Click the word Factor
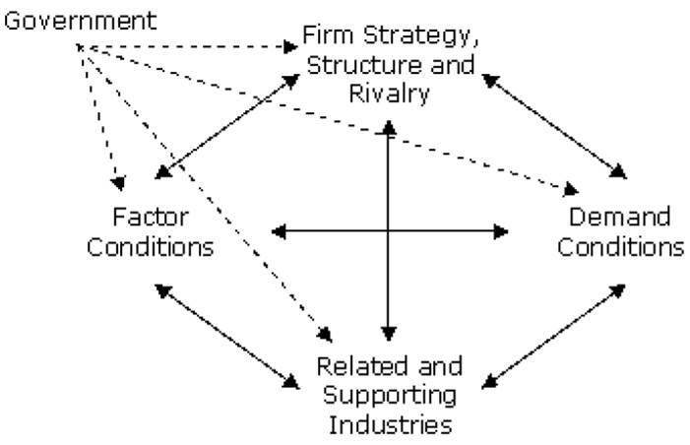point(150,217)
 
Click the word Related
point(353,368)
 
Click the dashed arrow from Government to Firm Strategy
point(187,46)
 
